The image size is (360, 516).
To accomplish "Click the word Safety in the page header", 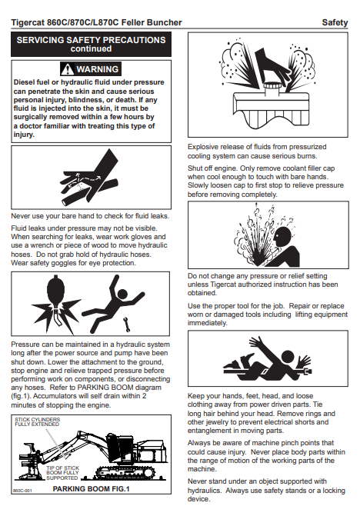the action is (335, 22).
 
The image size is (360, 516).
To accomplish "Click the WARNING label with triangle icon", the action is (91, 69).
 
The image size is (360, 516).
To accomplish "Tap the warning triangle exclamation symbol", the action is (68, 69).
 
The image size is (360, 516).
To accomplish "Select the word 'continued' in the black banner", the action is (91, 48).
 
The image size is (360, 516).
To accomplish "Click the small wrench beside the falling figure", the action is (127, 325).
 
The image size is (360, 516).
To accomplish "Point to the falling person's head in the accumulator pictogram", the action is (122, 294).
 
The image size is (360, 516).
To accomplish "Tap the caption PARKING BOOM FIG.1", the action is (91, 489).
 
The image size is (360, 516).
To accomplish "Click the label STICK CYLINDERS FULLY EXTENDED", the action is (37, 422).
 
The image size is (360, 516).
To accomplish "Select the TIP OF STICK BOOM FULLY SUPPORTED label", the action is (62, 473).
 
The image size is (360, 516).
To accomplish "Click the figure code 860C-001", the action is (22, 491).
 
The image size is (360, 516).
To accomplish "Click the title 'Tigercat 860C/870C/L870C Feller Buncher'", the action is (96, 22).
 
